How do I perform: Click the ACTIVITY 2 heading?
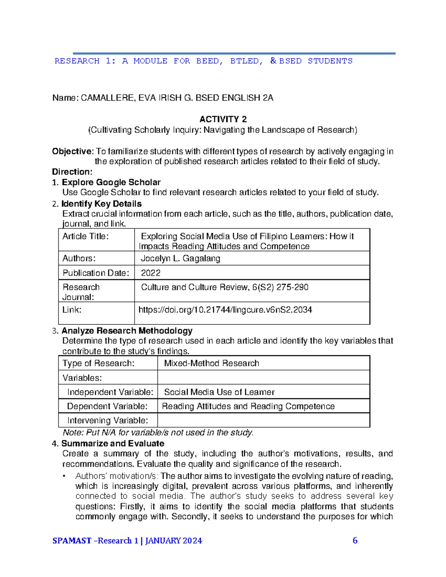tap(223, 119)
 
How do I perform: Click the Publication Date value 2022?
tap(151, 273)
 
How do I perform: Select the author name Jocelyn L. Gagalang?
tap(181, 259)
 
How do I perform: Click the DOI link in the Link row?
tap(225, 310)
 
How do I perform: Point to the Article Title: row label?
tap(85, 237)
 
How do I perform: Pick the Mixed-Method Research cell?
tap(211, 363)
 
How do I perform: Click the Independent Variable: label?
tap(110, 392)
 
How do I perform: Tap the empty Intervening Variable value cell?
tap(263, 420)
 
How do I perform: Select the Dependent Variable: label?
tap(107, 406)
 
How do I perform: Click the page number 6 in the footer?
tap(355, 541)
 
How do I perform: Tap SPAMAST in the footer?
tap(72, 541)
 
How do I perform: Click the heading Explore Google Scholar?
tap(111, 182)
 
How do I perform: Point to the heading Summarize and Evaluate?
tap(113, 444)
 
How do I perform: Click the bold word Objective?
tap(73, 152)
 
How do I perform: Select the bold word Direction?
tap(72, 172)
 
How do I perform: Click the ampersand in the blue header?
tap(274, 61)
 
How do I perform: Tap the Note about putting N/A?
tap(158, 433)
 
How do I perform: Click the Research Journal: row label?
tap(81, 292)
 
